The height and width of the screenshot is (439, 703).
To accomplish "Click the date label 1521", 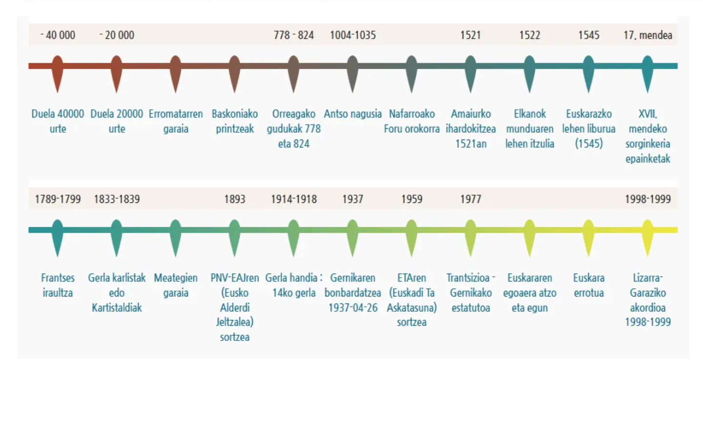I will click(470, 35).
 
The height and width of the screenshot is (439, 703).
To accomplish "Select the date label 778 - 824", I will click(293, 35).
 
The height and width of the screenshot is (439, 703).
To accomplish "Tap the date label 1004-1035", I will click(352, 35).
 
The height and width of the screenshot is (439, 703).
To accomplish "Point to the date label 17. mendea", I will click(647, 35).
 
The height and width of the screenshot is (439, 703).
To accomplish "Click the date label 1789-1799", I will click(58, 199).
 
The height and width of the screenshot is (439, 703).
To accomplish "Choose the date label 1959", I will click(412, 199).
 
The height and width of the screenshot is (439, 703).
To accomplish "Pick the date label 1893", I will click(234, 199).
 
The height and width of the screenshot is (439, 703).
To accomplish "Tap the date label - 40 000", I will click(58, 35).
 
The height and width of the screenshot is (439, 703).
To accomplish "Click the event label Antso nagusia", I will click(352, 114).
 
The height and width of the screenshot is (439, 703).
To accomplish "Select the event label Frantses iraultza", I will click(58, 285).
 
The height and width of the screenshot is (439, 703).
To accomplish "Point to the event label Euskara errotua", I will click(588, 285).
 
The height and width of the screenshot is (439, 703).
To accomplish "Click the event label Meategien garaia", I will click(176, 285).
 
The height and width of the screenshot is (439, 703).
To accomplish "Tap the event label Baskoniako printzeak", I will click(234, 121).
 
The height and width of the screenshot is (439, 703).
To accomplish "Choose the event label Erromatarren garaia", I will click(176, 121).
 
